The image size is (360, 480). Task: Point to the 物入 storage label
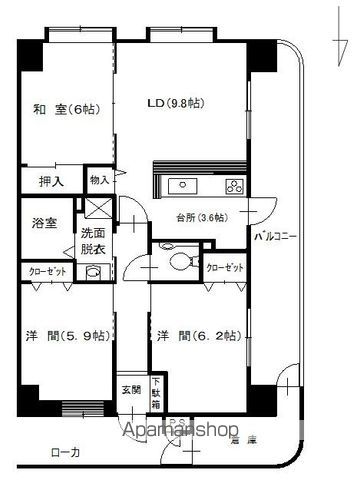click(99, 180)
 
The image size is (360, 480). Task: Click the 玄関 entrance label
click(132, 390)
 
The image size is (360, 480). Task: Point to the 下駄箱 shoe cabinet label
click(156, 391)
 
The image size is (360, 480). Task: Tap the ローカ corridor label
click(63, 453)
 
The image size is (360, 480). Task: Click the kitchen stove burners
click(235, 186)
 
